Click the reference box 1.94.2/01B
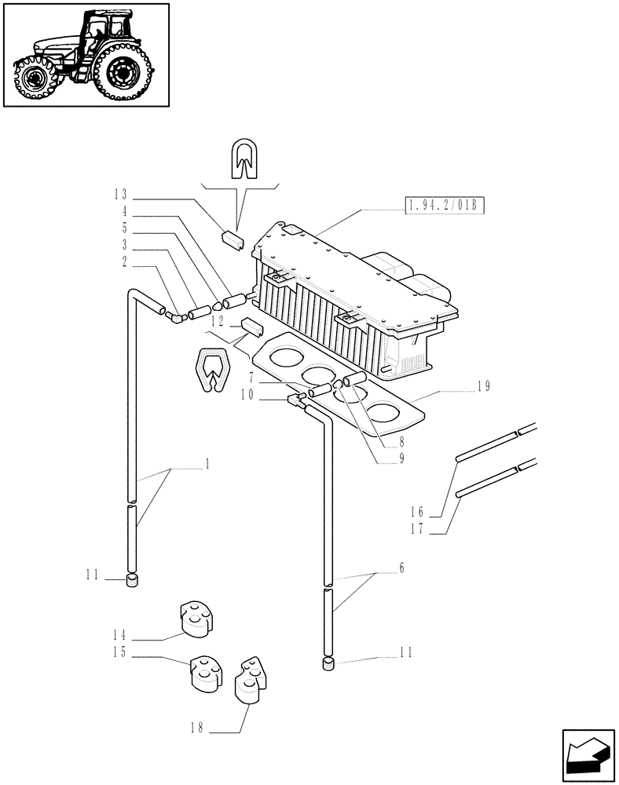coord(445,206)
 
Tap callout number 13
coord(119,195)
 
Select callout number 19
coord(483,385)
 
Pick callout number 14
coord(119,634)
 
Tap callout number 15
coord(119,652)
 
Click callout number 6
coord(401,568)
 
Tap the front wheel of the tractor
coord(35,78)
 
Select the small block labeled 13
coord(233,238)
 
